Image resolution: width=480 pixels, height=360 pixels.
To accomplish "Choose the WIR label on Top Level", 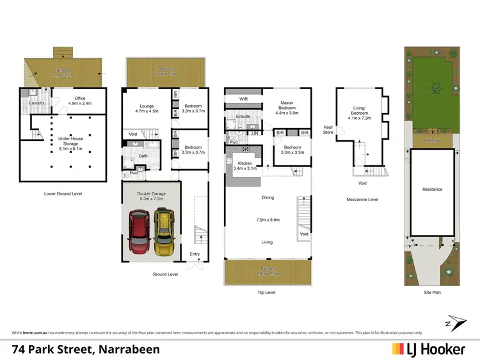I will coord(244,100).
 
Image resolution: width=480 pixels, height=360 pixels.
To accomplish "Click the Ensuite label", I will coord(243,116).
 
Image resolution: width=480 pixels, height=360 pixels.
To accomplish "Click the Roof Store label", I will coord(328,129).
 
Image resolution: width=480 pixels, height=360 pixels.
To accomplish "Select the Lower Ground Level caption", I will coord(62,193).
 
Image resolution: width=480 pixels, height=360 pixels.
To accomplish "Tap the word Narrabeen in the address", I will coord(127,348).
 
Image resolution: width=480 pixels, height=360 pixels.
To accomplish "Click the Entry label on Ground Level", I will coord(195,254).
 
